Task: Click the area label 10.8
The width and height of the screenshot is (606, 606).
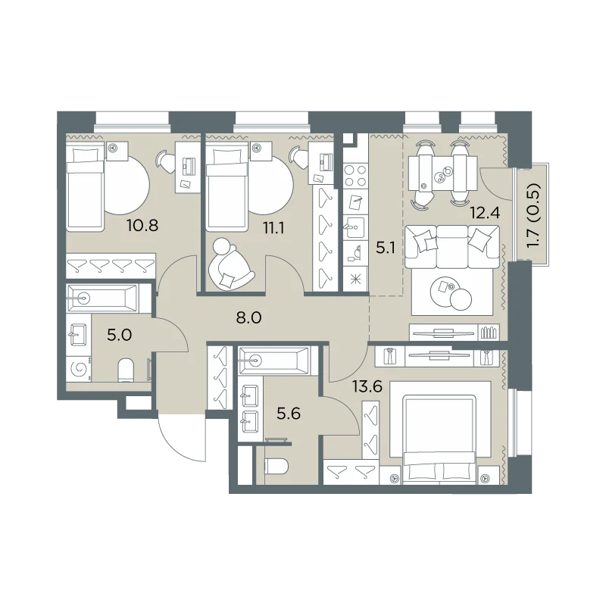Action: pos(142,225)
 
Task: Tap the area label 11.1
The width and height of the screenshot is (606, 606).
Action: pos(273,229)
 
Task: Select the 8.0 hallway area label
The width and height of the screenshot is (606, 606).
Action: pos(249,317)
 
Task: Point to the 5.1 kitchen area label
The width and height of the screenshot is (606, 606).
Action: pos(386,248)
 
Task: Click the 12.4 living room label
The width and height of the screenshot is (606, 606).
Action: pos(485,212)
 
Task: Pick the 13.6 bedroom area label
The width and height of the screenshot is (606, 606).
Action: pos(367,386)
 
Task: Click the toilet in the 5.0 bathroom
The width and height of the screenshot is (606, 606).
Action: pos(126,370)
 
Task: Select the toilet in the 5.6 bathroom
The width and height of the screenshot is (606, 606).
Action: pos(277,467)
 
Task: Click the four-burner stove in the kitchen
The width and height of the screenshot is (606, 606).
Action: pos(355,176)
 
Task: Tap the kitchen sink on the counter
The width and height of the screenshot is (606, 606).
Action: pos(355,227)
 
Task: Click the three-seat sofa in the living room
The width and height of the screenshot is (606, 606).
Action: pos(452,247)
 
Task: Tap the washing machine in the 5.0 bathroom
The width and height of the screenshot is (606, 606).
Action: pos(79,368)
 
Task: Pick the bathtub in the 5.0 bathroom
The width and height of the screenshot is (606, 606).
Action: pos(103,298)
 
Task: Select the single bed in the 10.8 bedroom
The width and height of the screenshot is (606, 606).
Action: pos(86,186)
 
